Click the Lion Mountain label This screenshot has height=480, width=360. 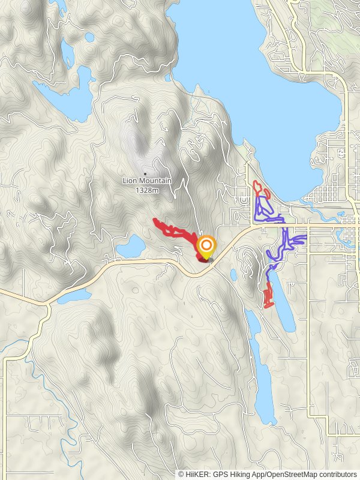click(x=147, y=181)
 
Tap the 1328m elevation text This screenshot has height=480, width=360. click(x=147, y=190)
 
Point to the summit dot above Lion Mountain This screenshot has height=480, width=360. click(x=145, y=174)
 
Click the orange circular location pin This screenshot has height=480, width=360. click(x=206, y=247)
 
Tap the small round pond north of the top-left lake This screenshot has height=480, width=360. click(x=89, y=37)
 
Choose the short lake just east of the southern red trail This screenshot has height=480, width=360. click(x=284, y=303)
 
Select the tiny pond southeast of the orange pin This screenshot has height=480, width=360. click(x=233, y=275)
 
